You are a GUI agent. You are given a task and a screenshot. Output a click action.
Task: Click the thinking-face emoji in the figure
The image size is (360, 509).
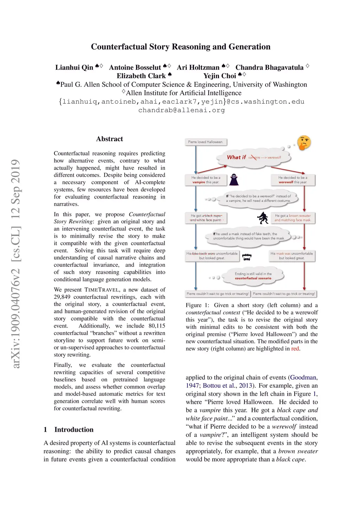[304, 142]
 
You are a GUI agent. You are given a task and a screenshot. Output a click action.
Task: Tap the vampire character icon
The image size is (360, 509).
[234, 180]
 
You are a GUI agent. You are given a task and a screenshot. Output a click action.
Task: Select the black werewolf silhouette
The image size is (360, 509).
[263, 218]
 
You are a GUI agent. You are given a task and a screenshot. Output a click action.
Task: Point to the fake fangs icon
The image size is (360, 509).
[247, 257]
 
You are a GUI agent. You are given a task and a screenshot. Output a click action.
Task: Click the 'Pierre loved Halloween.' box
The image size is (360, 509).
[206, 142]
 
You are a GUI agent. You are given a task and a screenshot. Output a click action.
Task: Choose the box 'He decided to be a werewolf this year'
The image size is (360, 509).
[292, 180]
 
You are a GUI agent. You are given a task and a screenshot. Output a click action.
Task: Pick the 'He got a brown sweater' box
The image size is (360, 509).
[292, 218]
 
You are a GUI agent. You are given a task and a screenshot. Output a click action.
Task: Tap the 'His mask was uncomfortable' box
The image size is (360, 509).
[291, 256]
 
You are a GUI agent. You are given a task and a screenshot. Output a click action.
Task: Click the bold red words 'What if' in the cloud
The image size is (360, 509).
[236, 157]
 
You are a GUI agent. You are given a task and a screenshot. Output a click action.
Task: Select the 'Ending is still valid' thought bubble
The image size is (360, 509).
[253, 276]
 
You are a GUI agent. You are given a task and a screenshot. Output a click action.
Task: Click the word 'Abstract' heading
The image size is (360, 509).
[109, 139]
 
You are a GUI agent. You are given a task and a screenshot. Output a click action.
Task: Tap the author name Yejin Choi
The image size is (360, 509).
[220, 76]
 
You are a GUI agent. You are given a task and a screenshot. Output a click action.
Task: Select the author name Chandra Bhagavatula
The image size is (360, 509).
[269, 67]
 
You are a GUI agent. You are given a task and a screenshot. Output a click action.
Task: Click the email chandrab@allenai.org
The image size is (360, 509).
[181, 110]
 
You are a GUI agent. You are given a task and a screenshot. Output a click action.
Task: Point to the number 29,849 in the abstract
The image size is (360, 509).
[62, 297]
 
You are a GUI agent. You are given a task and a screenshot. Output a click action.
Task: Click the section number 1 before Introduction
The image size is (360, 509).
[45, 430]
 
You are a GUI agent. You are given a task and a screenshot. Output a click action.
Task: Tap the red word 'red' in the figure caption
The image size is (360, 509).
[295, 349]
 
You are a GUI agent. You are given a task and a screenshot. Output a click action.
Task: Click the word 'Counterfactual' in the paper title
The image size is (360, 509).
[119, 47]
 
